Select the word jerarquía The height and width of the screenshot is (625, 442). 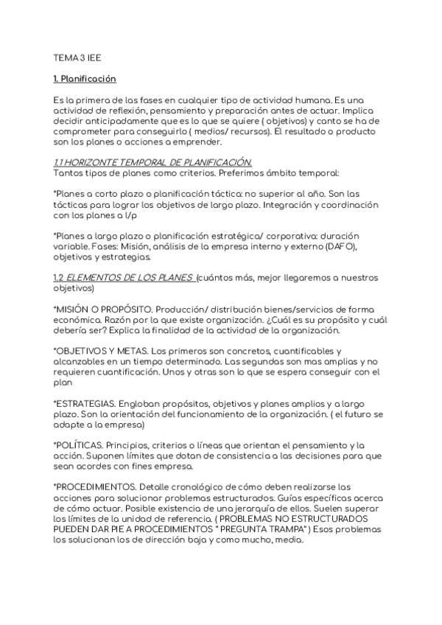point(297,509)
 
